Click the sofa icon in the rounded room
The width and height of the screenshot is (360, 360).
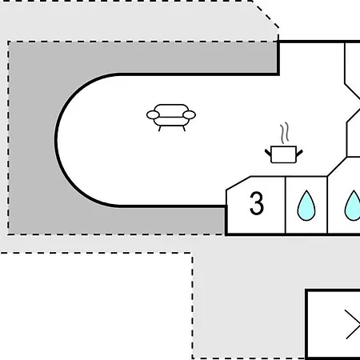171,118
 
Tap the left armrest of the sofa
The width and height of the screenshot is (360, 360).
153,115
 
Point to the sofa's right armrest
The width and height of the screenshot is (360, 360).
190,115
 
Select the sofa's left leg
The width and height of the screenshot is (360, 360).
160,129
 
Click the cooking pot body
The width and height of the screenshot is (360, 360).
283,154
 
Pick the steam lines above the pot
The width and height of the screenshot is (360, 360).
285,133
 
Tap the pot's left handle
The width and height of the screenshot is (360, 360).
268,153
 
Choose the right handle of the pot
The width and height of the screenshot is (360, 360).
299,153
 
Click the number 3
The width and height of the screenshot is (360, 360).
257,203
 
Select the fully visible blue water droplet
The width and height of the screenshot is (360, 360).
306,206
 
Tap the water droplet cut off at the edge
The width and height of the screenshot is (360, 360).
353,206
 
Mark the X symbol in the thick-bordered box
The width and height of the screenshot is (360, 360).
352,324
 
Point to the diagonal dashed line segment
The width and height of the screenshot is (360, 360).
266,14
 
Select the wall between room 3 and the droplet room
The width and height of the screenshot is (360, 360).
286,205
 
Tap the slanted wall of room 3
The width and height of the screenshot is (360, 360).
238,183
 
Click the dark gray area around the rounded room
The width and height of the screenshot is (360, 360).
32,138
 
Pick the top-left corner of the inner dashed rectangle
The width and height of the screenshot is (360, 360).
9,42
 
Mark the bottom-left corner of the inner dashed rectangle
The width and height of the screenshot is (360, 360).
9,234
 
